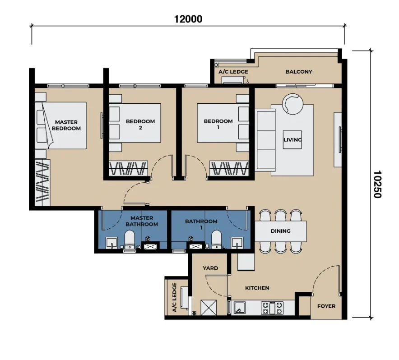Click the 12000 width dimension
(188, 19)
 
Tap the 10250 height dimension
(377, 184)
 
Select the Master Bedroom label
(66, 125)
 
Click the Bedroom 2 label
(140, 125)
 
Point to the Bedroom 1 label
(218, 124)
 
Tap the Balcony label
(299, 72)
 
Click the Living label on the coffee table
(292, 140)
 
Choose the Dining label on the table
(280, 231)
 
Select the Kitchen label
(257, 288)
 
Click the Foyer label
(326, 306)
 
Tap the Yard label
(210, 268)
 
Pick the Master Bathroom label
(142, 221)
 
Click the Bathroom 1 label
(201, 224)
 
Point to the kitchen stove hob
(272, 308)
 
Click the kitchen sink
(240, 308)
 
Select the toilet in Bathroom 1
(217, 240)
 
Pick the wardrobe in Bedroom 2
(129, 168)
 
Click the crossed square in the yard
(209, 308)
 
